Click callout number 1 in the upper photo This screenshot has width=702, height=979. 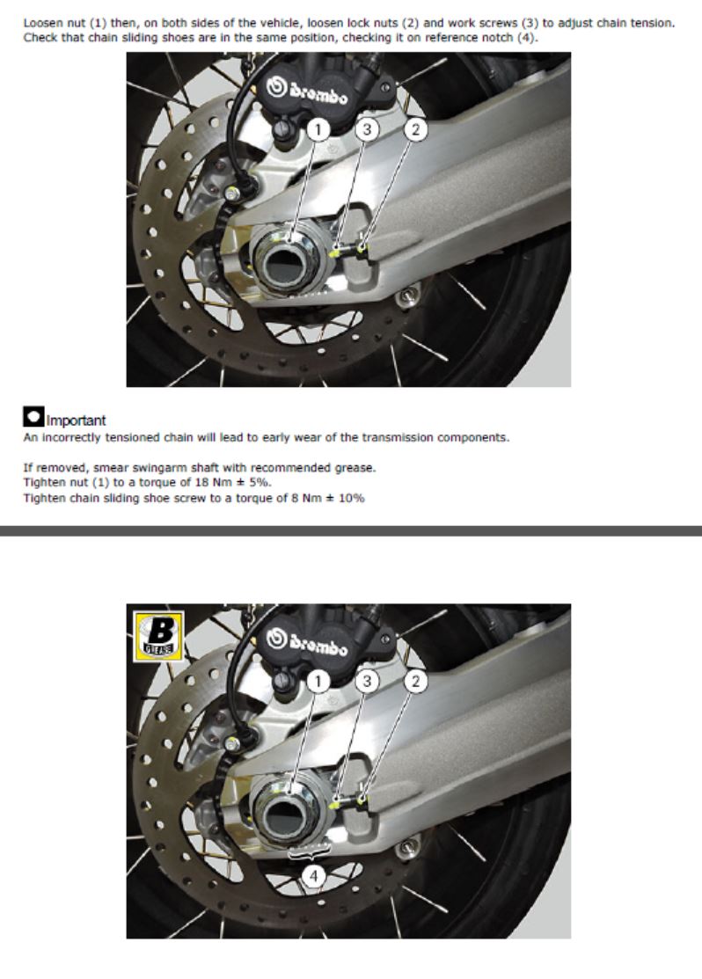point(318,130)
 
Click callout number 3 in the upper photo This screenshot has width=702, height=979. point(367,130)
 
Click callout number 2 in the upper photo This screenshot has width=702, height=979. point(416,130)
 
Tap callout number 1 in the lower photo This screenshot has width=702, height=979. point(318,681)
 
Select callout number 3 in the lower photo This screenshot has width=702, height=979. point(367,681)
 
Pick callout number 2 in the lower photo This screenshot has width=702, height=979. point(416,681)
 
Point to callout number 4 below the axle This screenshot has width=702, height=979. point(313,876)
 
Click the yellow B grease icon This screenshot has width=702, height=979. point(159,636)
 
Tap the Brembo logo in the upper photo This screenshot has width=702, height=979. point(307,91)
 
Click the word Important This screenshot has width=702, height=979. point(77,420)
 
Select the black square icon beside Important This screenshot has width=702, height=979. point(33,416)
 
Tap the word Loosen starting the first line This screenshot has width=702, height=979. point(44,23)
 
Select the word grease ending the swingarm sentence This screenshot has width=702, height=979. point(355,468)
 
